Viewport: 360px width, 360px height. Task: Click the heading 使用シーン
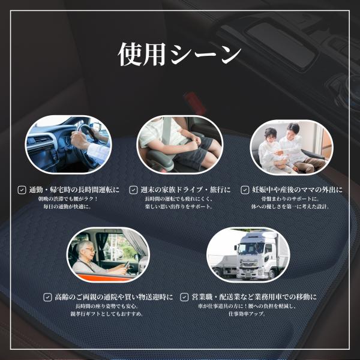pos(179,54)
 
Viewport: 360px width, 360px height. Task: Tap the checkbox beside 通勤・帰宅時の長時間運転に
pos(22,190)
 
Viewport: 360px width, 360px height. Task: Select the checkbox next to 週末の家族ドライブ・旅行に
pos(133,190)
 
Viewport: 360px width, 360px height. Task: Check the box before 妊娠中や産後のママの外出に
pos(245,190)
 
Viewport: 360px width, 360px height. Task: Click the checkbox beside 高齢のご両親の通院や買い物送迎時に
pos(47,298)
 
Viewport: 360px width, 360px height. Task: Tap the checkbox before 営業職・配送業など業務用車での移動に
pos(184,298)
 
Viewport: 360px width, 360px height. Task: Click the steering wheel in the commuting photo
pos(85,142)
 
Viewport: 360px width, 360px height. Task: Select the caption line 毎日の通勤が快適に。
pos(67,206)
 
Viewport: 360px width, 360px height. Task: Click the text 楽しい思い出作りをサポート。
pos(178,206)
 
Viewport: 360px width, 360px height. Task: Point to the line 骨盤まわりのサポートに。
pos(290,199)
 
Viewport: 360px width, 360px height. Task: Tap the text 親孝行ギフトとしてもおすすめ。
pos(107,314)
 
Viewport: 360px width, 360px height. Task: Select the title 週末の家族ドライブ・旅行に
pos(185,190)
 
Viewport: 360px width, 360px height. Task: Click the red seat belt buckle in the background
pos(195,103)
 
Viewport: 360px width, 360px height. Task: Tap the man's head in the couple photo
pos(293,130)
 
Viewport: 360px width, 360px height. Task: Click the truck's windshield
pos(248,248)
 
